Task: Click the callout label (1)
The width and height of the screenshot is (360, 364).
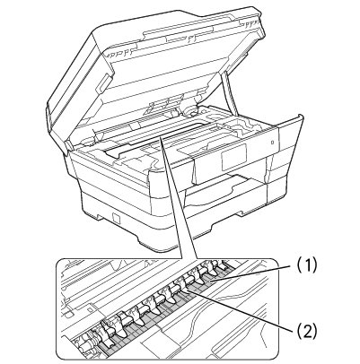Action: [306, 264]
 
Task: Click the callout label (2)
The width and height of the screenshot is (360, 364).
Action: [306, 331]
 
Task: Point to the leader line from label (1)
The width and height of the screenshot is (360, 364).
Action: [250, 273]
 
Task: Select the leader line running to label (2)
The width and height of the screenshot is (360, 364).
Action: [239, 309]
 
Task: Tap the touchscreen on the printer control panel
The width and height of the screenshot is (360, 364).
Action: [233, 158]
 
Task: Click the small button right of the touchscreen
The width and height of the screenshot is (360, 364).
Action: [272, 143]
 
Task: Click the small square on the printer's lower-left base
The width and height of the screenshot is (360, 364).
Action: [116, 218]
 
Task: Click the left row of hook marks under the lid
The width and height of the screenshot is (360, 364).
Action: [119, 54]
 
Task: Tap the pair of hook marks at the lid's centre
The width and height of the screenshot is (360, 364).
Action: [190, 39]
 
